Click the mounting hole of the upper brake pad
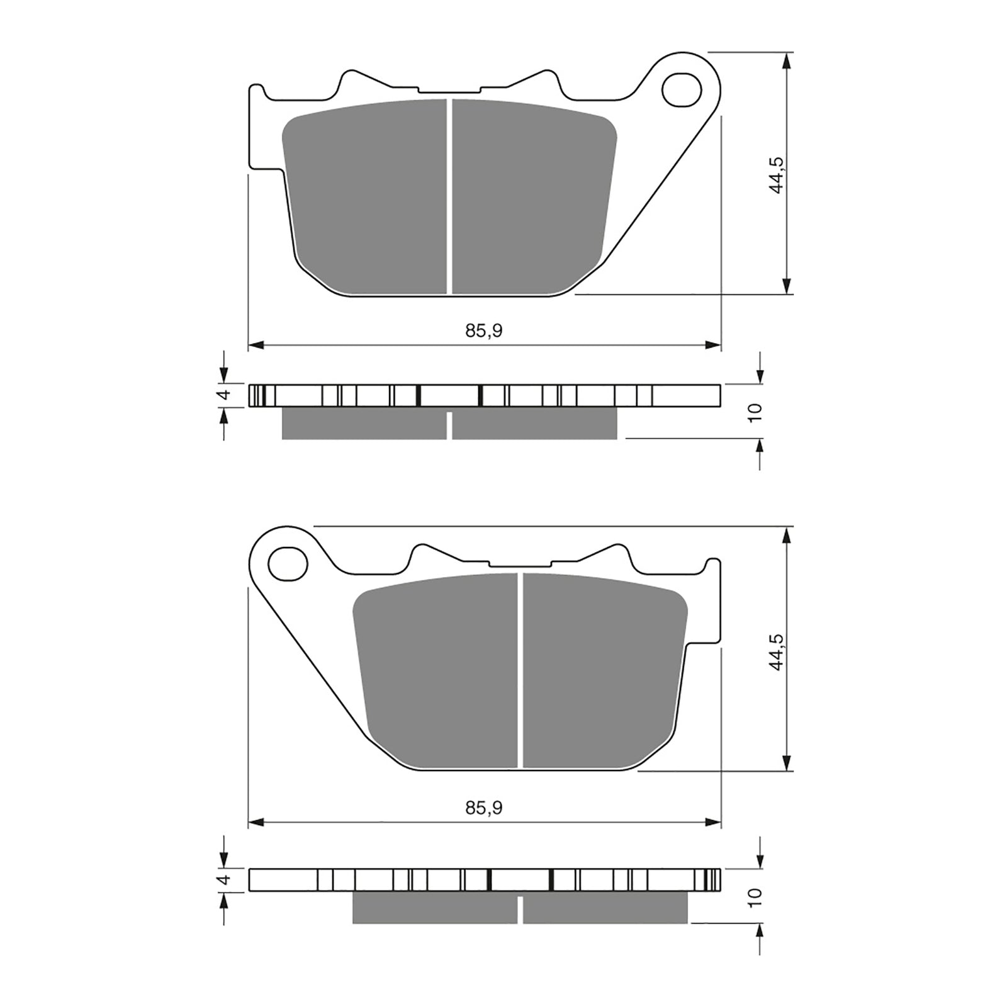[x=682, y=89]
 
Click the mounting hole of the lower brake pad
[x=288, y=563]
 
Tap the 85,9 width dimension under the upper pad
[x=484, y=331]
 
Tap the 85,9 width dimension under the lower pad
[x=484, y=808]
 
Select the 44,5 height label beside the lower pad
[x=776, y=651]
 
